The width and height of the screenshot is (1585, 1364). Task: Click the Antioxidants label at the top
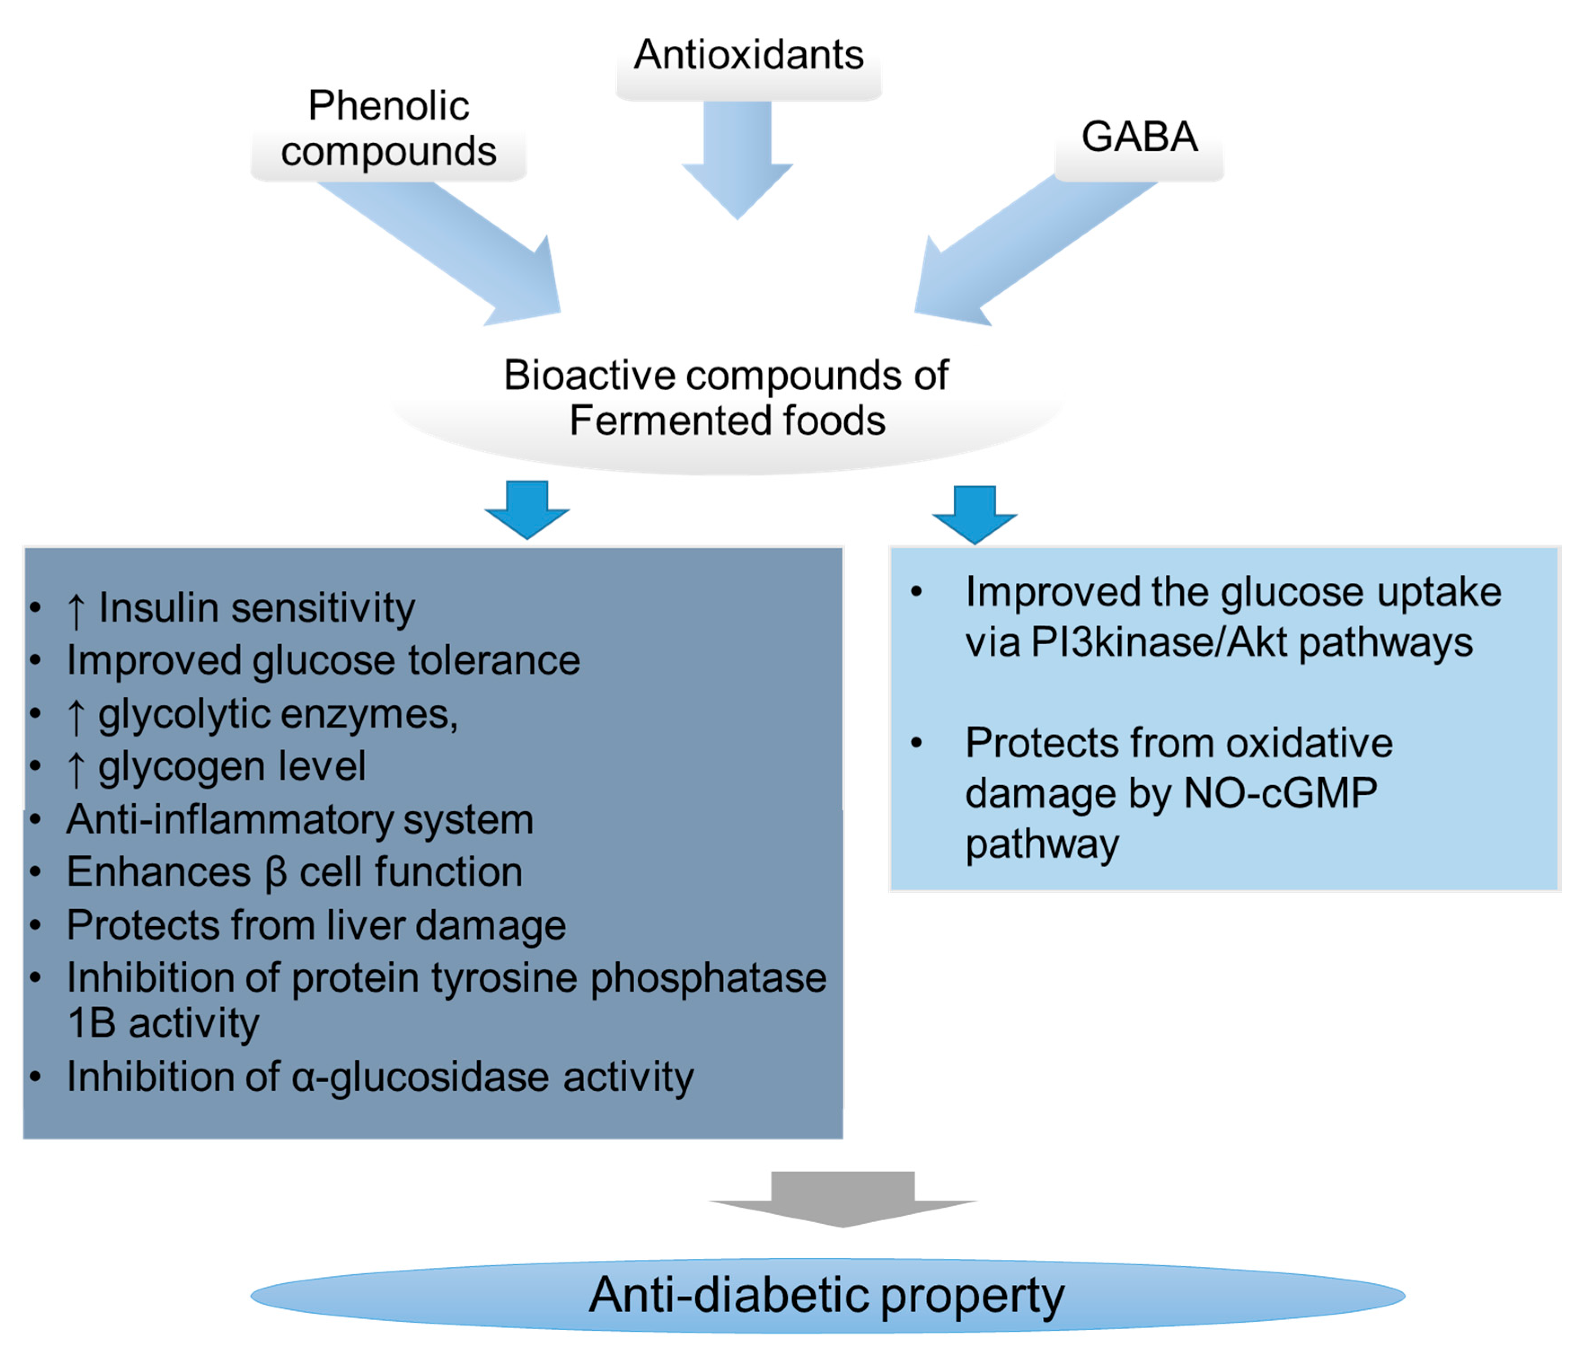pyautogui.click(x=748, y=55)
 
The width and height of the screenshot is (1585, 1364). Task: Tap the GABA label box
pyautogui.click(x=1138, y=138)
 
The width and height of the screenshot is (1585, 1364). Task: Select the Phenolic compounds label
pyautogui.click(x=389, y=128)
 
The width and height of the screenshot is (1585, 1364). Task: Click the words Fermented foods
pyautogui.click(x=727, y=421)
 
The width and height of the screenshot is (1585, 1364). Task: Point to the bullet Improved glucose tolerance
pyautogui.click(x=323, y=660)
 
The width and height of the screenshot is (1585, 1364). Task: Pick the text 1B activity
pyautogui.click(x=163, y=1024)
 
